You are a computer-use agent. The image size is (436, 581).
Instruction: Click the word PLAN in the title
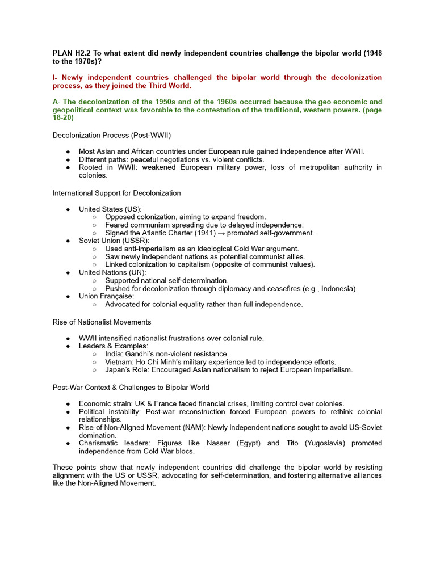(63, 53)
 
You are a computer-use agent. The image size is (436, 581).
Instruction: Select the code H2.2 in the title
(85, 53)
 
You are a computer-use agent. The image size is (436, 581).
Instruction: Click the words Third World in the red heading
(171, 86)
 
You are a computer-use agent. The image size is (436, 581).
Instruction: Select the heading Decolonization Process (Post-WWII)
(111, 135)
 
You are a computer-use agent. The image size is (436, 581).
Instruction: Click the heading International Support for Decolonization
(116, 193)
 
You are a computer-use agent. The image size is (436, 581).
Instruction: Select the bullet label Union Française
(106, 296)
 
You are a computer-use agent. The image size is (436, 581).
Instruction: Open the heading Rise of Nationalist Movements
(102, 322)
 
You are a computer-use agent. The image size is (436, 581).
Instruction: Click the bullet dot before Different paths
(68, 160)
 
